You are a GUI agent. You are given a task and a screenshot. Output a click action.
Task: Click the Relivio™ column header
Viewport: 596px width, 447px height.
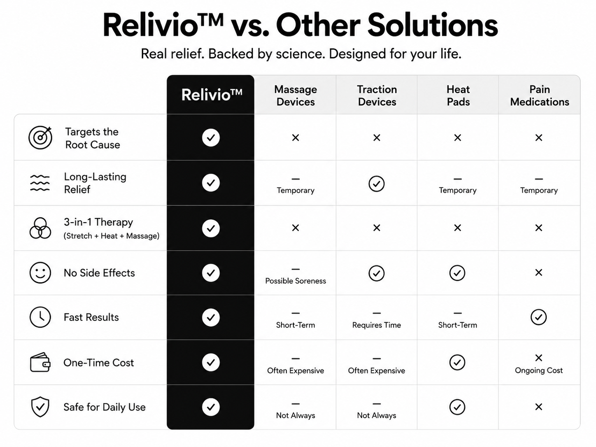(212, 95)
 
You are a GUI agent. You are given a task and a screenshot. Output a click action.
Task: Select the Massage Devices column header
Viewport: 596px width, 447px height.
(296, 95)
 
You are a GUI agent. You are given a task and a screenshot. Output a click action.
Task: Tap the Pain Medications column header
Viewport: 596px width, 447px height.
(540, 95)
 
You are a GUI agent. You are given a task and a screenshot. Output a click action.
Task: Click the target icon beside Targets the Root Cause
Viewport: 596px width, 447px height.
(40, 137)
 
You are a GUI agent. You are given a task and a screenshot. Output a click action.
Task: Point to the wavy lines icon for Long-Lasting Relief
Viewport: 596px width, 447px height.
(40, 183)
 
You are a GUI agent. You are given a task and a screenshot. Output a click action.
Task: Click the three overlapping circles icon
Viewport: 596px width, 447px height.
(40, 228)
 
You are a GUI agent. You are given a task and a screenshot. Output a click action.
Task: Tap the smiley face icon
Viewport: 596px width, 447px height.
(40, 272)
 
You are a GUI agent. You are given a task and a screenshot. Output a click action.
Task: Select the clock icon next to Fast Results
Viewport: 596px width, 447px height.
(40, 317)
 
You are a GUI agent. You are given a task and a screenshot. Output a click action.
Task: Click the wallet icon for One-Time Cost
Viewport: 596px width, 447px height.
(40, 362)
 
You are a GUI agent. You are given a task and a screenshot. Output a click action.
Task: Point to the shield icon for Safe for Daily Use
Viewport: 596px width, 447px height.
(40, 407)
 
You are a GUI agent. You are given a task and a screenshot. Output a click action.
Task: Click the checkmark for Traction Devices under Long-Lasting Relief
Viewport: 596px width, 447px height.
(376, 184)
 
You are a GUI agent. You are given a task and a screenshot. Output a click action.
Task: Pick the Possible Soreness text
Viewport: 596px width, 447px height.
(296, 281)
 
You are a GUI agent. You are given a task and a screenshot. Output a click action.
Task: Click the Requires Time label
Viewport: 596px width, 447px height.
(376, 325)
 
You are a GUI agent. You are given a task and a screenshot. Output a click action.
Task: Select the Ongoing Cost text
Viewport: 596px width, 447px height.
(539, 370)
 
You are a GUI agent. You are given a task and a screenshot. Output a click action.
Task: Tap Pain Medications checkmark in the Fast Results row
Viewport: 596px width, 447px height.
(539, 317)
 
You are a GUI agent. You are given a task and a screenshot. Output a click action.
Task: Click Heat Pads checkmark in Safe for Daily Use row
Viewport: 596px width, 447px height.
(457, 407)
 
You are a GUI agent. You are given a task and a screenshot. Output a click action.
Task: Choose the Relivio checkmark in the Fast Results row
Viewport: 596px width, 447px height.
(211, 317)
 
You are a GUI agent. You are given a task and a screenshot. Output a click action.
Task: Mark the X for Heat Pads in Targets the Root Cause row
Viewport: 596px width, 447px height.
(458, 137)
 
